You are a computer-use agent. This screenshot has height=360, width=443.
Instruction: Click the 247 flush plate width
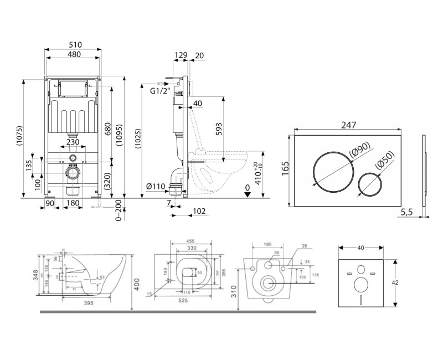pyautogui.click(x=348, y=126)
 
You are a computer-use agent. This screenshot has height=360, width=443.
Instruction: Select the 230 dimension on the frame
pyautogui.click(x=73, y=142)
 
